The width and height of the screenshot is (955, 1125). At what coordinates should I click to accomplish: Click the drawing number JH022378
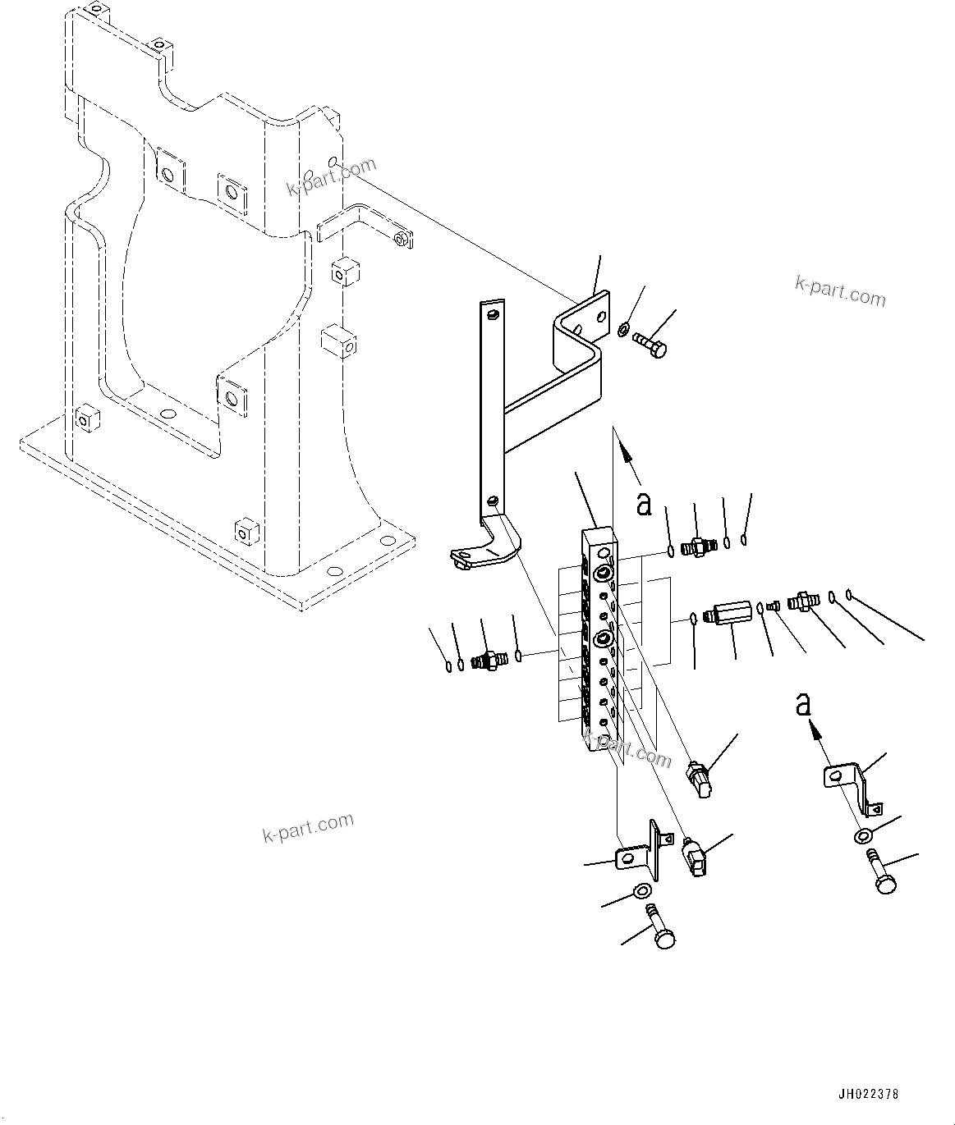(869, 1094)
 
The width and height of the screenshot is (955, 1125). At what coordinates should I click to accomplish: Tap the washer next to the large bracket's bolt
(624, 330)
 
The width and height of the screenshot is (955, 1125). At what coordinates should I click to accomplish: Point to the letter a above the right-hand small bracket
(804, 704)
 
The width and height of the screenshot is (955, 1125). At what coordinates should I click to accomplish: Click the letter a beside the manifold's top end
(645, 503)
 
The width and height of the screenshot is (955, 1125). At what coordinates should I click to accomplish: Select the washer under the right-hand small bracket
(863, 837)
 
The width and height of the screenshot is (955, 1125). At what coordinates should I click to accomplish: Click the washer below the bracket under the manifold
(642, 891)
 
